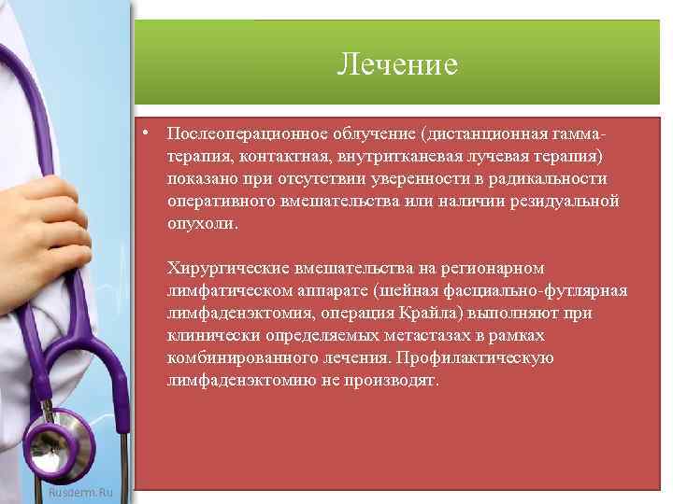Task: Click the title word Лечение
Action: [397, 64]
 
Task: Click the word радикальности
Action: [553, 179]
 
